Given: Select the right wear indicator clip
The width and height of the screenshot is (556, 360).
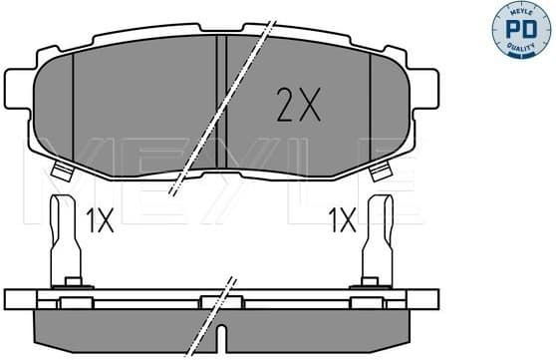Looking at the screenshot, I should pos(378,239).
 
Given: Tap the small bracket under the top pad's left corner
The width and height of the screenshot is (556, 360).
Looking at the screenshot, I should pos(62,173).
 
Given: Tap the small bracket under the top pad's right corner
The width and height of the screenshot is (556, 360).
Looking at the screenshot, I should pos(379,173).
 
